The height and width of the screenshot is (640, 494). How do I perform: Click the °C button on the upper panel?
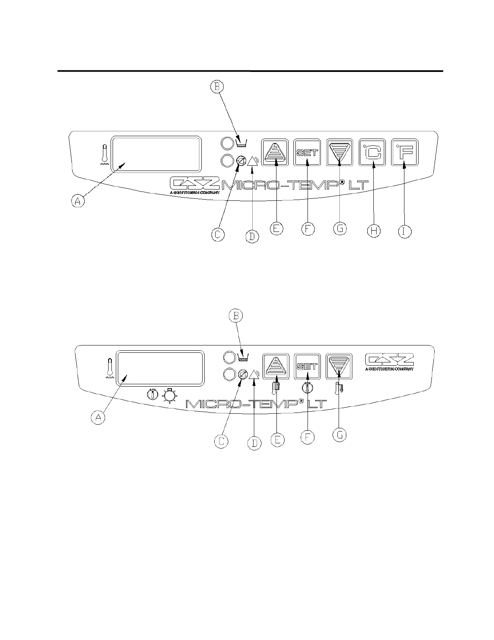[x=372, y=153]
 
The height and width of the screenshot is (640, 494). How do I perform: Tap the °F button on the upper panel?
[x=404, y=153]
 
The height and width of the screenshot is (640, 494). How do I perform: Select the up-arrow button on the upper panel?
[x=276, y=153]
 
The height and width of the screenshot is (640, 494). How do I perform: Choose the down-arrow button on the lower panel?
[x=339, y=366]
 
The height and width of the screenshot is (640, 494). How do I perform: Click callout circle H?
[x=374, y=231]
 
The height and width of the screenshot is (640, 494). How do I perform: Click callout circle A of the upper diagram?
[x=78, y=200]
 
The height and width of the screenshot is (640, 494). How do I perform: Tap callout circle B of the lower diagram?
[x=236, y=316]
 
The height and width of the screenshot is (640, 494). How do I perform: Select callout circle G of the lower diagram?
[x=339, y=435]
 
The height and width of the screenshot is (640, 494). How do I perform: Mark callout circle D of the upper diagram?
[x=252, y=236]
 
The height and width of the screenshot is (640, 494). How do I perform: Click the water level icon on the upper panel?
[x=241, y=142]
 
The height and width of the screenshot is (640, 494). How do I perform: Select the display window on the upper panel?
[x=157, y=154]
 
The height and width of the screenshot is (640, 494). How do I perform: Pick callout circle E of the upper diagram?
[x=276, y=229]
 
